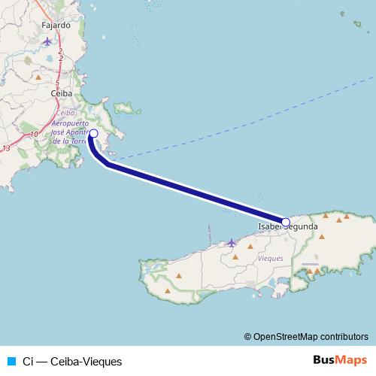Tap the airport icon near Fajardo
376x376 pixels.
pos(49,39)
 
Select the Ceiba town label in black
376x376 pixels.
pos(59,93)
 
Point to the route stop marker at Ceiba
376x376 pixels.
pos(93,133)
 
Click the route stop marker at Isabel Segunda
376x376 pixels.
pos(286,222)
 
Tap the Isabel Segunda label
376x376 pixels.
pos(287,226)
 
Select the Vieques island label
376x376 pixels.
pos(270,258)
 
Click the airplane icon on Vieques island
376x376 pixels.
pos(232,242)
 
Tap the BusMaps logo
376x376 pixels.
pos(340,360)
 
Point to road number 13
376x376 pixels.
pos(6,149)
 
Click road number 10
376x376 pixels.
pos(34,135)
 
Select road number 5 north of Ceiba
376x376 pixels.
pos(57,82)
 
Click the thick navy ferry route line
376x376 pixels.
pos(196,192)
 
